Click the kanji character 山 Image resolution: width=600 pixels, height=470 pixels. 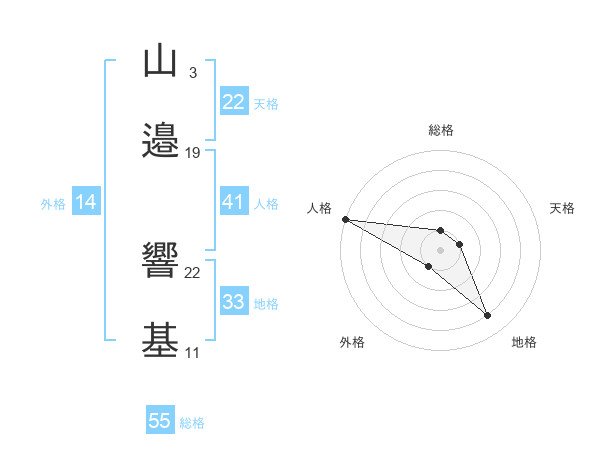click(160, 62)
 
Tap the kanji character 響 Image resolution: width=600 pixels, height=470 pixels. click(160, 262)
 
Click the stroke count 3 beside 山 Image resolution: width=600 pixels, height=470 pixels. click(192, 72)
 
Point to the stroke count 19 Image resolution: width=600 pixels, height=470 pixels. click(193, 152)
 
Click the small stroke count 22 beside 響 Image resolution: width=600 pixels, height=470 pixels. click(193, 272)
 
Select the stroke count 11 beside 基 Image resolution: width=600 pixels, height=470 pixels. click(192, 352)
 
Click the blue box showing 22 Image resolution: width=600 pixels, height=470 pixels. click(233, 102)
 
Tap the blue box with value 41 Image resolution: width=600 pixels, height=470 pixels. click(233, 202)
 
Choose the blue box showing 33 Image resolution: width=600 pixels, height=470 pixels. click(233, 302)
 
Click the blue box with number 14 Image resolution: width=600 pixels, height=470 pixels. click(86, 202)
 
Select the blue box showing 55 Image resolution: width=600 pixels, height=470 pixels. click(160, 421)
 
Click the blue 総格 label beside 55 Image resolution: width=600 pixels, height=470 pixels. click(192, 423)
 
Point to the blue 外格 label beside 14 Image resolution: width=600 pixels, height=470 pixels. click(53, 204)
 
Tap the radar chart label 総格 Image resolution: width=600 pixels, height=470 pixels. click(441, 130)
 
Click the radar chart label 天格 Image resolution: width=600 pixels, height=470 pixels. click(563, 208)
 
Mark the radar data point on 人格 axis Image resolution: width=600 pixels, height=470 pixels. click(345, 219)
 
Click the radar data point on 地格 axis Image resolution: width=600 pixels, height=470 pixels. click(487, 316)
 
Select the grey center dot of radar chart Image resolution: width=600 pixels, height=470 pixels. click(441, 250)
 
